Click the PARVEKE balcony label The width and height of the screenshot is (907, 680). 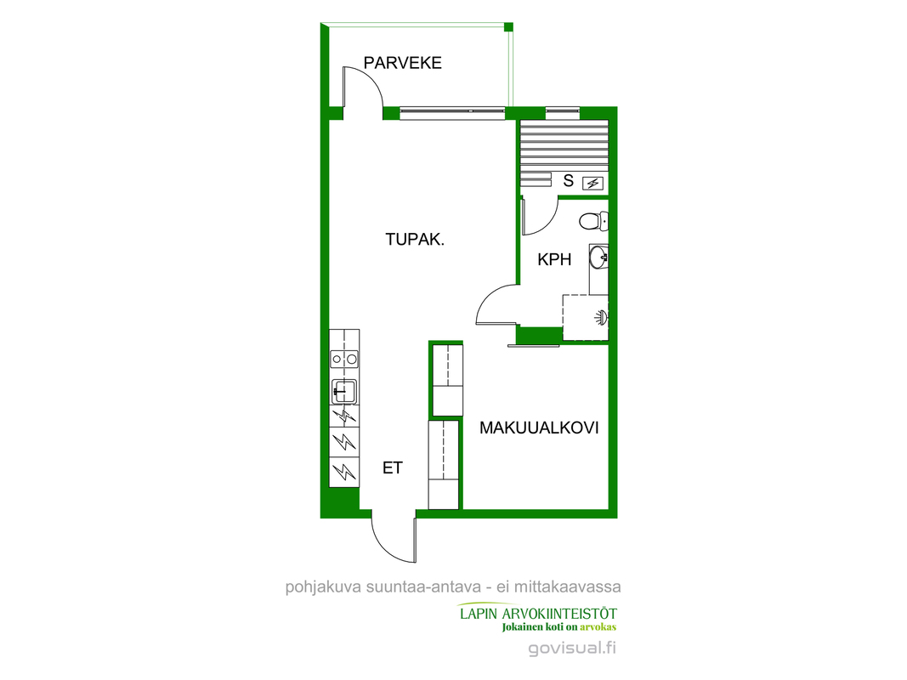[x=403, y=62]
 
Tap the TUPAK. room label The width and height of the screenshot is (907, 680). [x=415, y=240]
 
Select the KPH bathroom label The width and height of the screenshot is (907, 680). [x=554, y=259]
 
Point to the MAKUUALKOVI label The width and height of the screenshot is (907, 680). [x=539, y=428]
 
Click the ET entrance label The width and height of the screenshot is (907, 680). [x=392, y=467]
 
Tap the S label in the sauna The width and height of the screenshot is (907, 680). [x=569, y=181]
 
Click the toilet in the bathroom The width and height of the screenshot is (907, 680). [x=593, y=220]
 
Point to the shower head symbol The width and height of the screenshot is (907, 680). [x=602, y=316]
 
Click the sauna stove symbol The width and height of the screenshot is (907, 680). [x=592, y=184]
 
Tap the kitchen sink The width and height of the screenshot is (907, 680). [x=344, y=392]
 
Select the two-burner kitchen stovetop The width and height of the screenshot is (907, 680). [x=344, y=359]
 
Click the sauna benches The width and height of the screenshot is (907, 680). [x=564, y=153]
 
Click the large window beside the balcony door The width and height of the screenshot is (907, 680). [x=452, y=112]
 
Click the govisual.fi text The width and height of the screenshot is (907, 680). [x=572, y=649]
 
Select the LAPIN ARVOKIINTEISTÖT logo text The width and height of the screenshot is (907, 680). [x=538, y=614]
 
